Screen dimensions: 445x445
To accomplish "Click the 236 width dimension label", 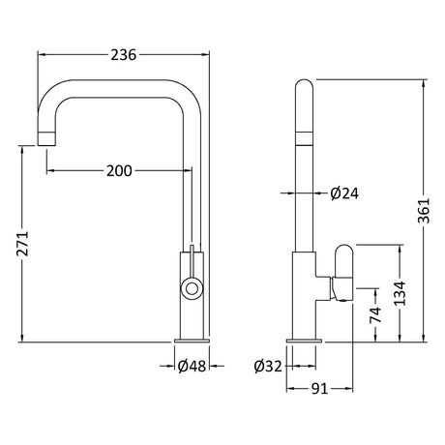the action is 124,55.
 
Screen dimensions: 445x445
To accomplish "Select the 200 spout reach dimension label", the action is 119,171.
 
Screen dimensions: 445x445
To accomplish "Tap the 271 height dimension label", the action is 23,244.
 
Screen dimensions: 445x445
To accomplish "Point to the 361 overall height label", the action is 424,211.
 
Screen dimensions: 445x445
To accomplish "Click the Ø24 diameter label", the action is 344,193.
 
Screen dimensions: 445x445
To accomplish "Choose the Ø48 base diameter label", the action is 192,366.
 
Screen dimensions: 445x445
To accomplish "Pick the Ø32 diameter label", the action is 268,367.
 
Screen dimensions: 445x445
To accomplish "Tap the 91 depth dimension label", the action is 319,389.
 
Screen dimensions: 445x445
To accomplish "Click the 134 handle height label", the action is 400,293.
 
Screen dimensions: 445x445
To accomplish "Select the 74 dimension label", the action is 375,314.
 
